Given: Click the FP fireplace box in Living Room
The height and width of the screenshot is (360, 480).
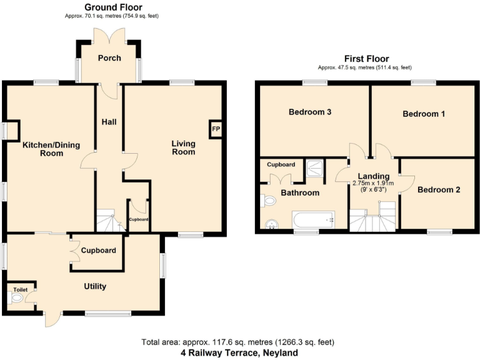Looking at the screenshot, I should coord(216,129).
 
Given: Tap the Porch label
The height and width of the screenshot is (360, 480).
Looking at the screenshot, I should coord(109,58).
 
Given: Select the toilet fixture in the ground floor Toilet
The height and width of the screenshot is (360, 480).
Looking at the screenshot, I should coord(16,299).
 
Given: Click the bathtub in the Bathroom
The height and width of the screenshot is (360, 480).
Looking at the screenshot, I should coord(313,219).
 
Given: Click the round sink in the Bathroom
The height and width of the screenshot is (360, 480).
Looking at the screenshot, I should coord(271,224).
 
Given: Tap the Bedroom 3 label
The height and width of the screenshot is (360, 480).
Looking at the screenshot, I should coord(309,112).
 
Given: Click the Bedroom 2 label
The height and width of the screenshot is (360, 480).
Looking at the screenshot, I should coord(439,189).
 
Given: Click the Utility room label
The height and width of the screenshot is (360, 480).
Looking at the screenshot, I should coord(95,286).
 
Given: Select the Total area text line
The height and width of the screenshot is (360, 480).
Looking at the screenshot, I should coord(237,342).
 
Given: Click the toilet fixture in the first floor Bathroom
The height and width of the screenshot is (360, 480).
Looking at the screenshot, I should coord(268,201).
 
